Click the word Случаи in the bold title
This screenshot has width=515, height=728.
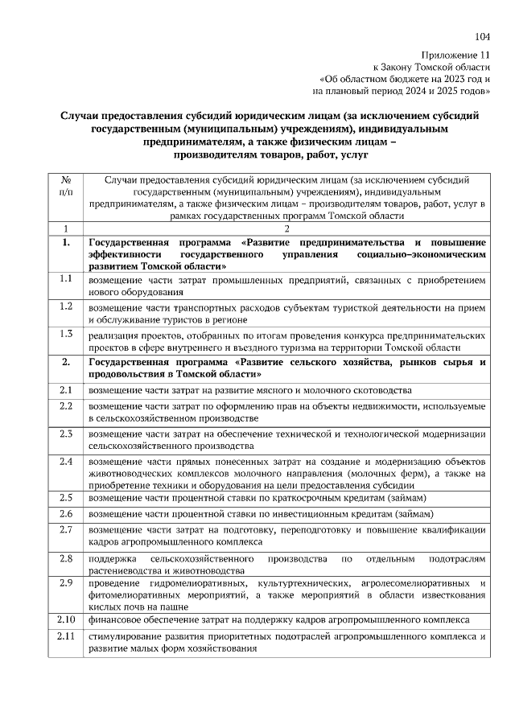pyautogui.click(x=86, y=116)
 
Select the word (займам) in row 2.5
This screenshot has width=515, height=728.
pyautogui.click(x=410, y=498)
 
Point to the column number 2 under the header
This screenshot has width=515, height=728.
pyautogui.click(x=286, y=229)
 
